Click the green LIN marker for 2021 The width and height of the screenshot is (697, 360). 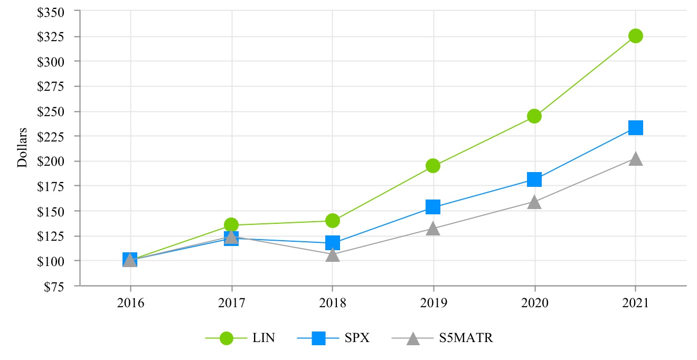pyautogui.click(x=635, y=36)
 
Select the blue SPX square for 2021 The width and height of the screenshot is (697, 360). pyautogui.click(x=635, y=128)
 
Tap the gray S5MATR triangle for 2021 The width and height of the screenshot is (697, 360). pyautogui.click(x=635, y=159)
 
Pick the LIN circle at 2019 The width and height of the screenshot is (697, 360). pyautogui.click(x=433, y=166)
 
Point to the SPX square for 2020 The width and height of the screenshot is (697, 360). pyautogui.click(x=534, y=179)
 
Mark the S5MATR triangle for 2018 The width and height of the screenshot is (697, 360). pyautogui.click(x=332, y=255)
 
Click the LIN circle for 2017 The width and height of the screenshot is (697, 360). pyautogui.click(x=231, y=225)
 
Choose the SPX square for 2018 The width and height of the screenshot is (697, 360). pyautogui.click(x=332, y=243)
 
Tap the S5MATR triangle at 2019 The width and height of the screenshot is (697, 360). pyautogui.click(x=433, y=229)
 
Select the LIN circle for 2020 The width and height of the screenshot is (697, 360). pyautogui.click(x=534, y=116)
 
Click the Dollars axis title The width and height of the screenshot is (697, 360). pyautogui.click(x=22, y=147)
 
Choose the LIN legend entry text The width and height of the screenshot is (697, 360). pyautogui.click(x=263, y=338)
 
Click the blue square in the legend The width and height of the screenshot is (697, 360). pyautogui.click(x=318, y=338)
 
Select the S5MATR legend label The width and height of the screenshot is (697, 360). pyautogui.click(x=466, y=338)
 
